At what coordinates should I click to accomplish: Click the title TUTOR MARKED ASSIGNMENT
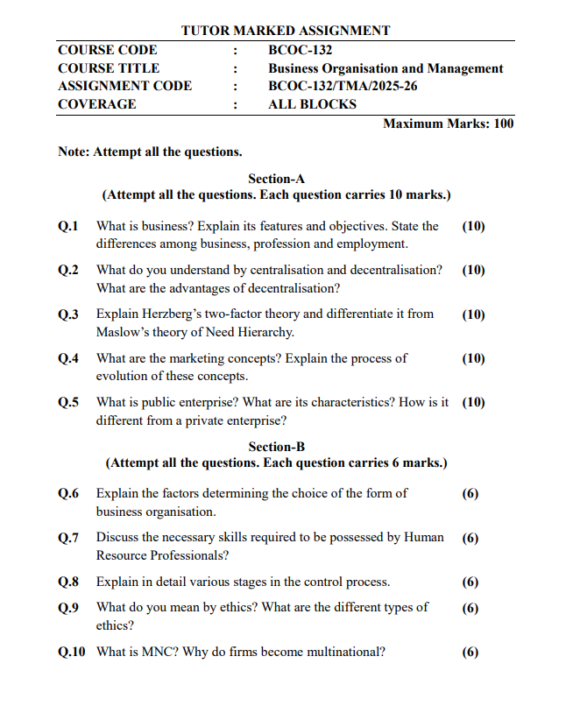[x=286, y=31]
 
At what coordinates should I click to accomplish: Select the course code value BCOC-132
[x=300, y=50]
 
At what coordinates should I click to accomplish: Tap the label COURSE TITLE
[x=109, y=68]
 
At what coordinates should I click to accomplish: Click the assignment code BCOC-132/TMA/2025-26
[x=336, y=86]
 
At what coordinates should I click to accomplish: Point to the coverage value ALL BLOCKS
[x=312, y=104]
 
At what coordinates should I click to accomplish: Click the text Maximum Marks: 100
[x=448, y=124]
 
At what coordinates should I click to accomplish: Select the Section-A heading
[x=276, y=178]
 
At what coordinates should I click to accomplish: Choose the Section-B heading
[x=276, y=446]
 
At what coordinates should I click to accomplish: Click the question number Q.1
[x=68, y=226]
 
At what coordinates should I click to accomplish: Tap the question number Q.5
[x=68, y=403]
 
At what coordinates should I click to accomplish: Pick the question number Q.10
[x=72, y=652]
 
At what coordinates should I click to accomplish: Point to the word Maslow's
[x=122, y=332]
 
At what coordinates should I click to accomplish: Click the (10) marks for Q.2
[x=473, y=270]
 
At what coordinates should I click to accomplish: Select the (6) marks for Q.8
[x=470, y=582]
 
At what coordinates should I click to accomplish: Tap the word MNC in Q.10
[x=149, y=652]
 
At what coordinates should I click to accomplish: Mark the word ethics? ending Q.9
[x=115, y=625]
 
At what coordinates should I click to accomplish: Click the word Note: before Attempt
[x=74, y=152]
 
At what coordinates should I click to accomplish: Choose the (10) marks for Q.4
[x=473, y=358]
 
